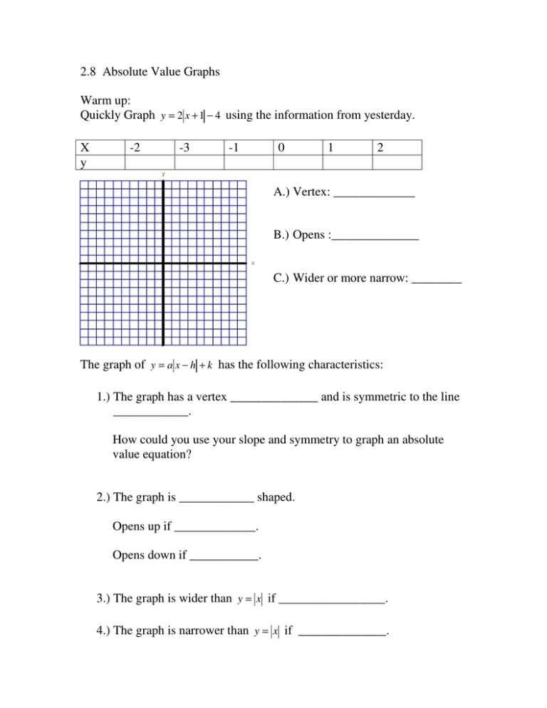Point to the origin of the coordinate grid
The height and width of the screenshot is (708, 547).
163,264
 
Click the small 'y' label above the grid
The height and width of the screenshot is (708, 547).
163,174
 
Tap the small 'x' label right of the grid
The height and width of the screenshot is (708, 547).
253,264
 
